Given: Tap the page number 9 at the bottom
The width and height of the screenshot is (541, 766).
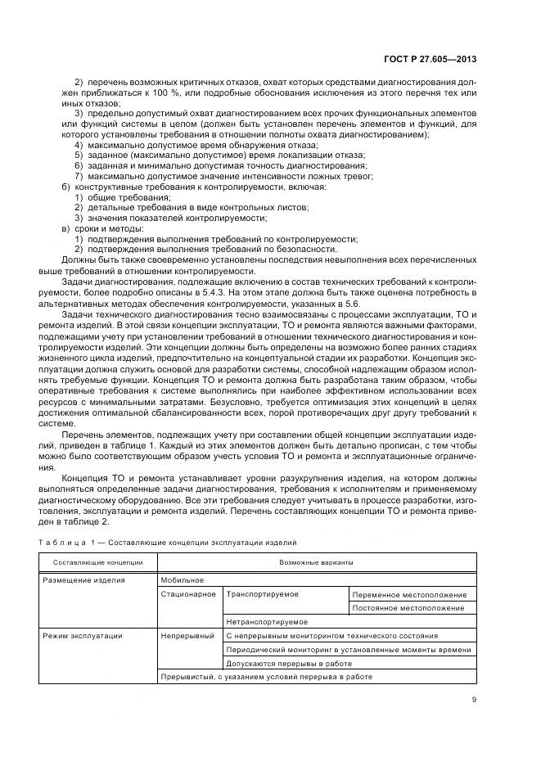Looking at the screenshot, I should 474,699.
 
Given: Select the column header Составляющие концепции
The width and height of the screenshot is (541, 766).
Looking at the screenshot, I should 98,562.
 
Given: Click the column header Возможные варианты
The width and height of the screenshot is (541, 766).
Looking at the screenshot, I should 318,562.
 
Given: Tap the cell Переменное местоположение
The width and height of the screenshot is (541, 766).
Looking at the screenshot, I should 410,594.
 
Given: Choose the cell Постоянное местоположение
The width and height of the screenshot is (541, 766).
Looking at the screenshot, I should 409,608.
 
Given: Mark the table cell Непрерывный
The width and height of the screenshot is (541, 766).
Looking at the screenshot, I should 188,635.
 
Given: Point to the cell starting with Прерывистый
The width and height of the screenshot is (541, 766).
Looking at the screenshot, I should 267,677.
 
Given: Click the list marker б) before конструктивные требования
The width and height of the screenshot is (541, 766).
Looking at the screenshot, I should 65,187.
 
